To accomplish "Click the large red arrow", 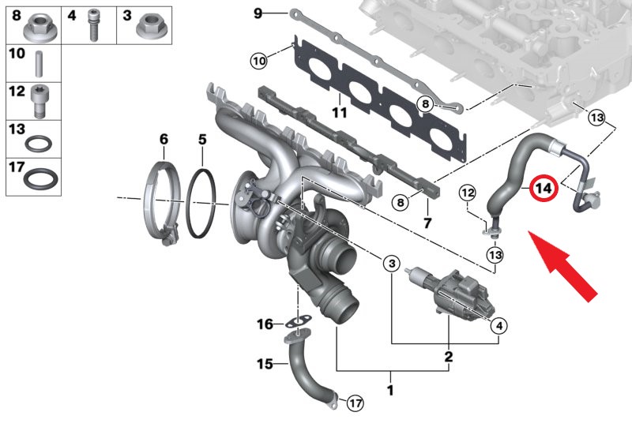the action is point(562,265).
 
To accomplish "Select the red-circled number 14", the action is point(544,188).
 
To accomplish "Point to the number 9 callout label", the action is point(258,13).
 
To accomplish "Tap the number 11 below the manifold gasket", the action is point(340,112).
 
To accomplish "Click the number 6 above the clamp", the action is point(164,139).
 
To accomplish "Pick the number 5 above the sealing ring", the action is point(202,139).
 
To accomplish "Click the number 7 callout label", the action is point(427,223).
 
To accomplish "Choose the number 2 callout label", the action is point(449,357).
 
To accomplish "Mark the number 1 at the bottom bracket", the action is point(389,390).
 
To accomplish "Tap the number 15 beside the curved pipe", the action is point(265,364).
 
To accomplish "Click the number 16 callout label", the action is point(265,324).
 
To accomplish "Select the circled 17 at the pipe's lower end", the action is point(355,403).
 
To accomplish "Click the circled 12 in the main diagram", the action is point(468,193).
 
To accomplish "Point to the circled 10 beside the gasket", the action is point(259,62).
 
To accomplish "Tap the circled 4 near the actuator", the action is point(499,326).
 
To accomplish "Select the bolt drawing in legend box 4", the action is point(92,25).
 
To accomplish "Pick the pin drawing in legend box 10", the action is point(39,64).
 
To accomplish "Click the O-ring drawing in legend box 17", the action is point(40,179).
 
